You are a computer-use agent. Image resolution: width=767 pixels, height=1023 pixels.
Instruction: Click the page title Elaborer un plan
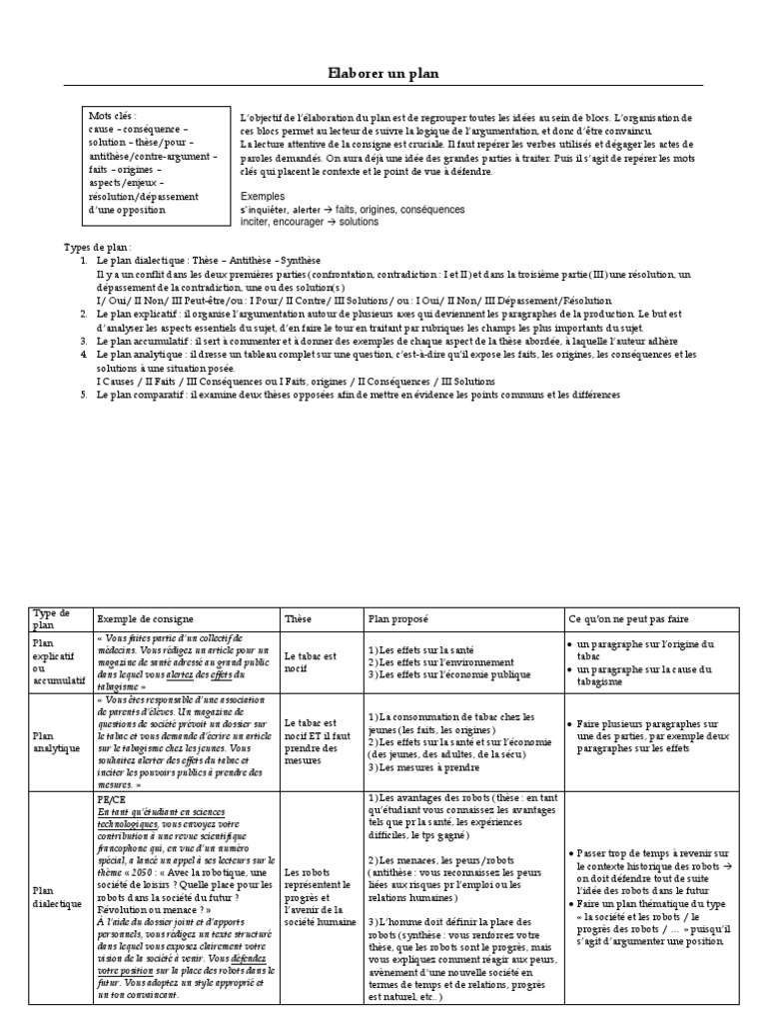coord(383,74)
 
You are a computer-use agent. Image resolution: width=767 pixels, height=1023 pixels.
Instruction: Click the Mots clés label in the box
coord(113,117)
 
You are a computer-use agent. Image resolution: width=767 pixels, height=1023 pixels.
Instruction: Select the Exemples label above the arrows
coord(264,197)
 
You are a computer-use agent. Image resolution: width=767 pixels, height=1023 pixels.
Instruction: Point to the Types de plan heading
coord(98,247)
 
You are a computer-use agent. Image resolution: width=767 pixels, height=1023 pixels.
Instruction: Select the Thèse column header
coord(298,618)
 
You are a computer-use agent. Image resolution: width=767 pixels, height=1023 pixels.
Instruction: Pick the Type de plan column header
coord(52,618)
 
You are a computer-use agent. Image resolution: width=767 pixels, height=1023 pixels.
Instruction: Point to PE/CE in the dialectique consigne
coord(112,799)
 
